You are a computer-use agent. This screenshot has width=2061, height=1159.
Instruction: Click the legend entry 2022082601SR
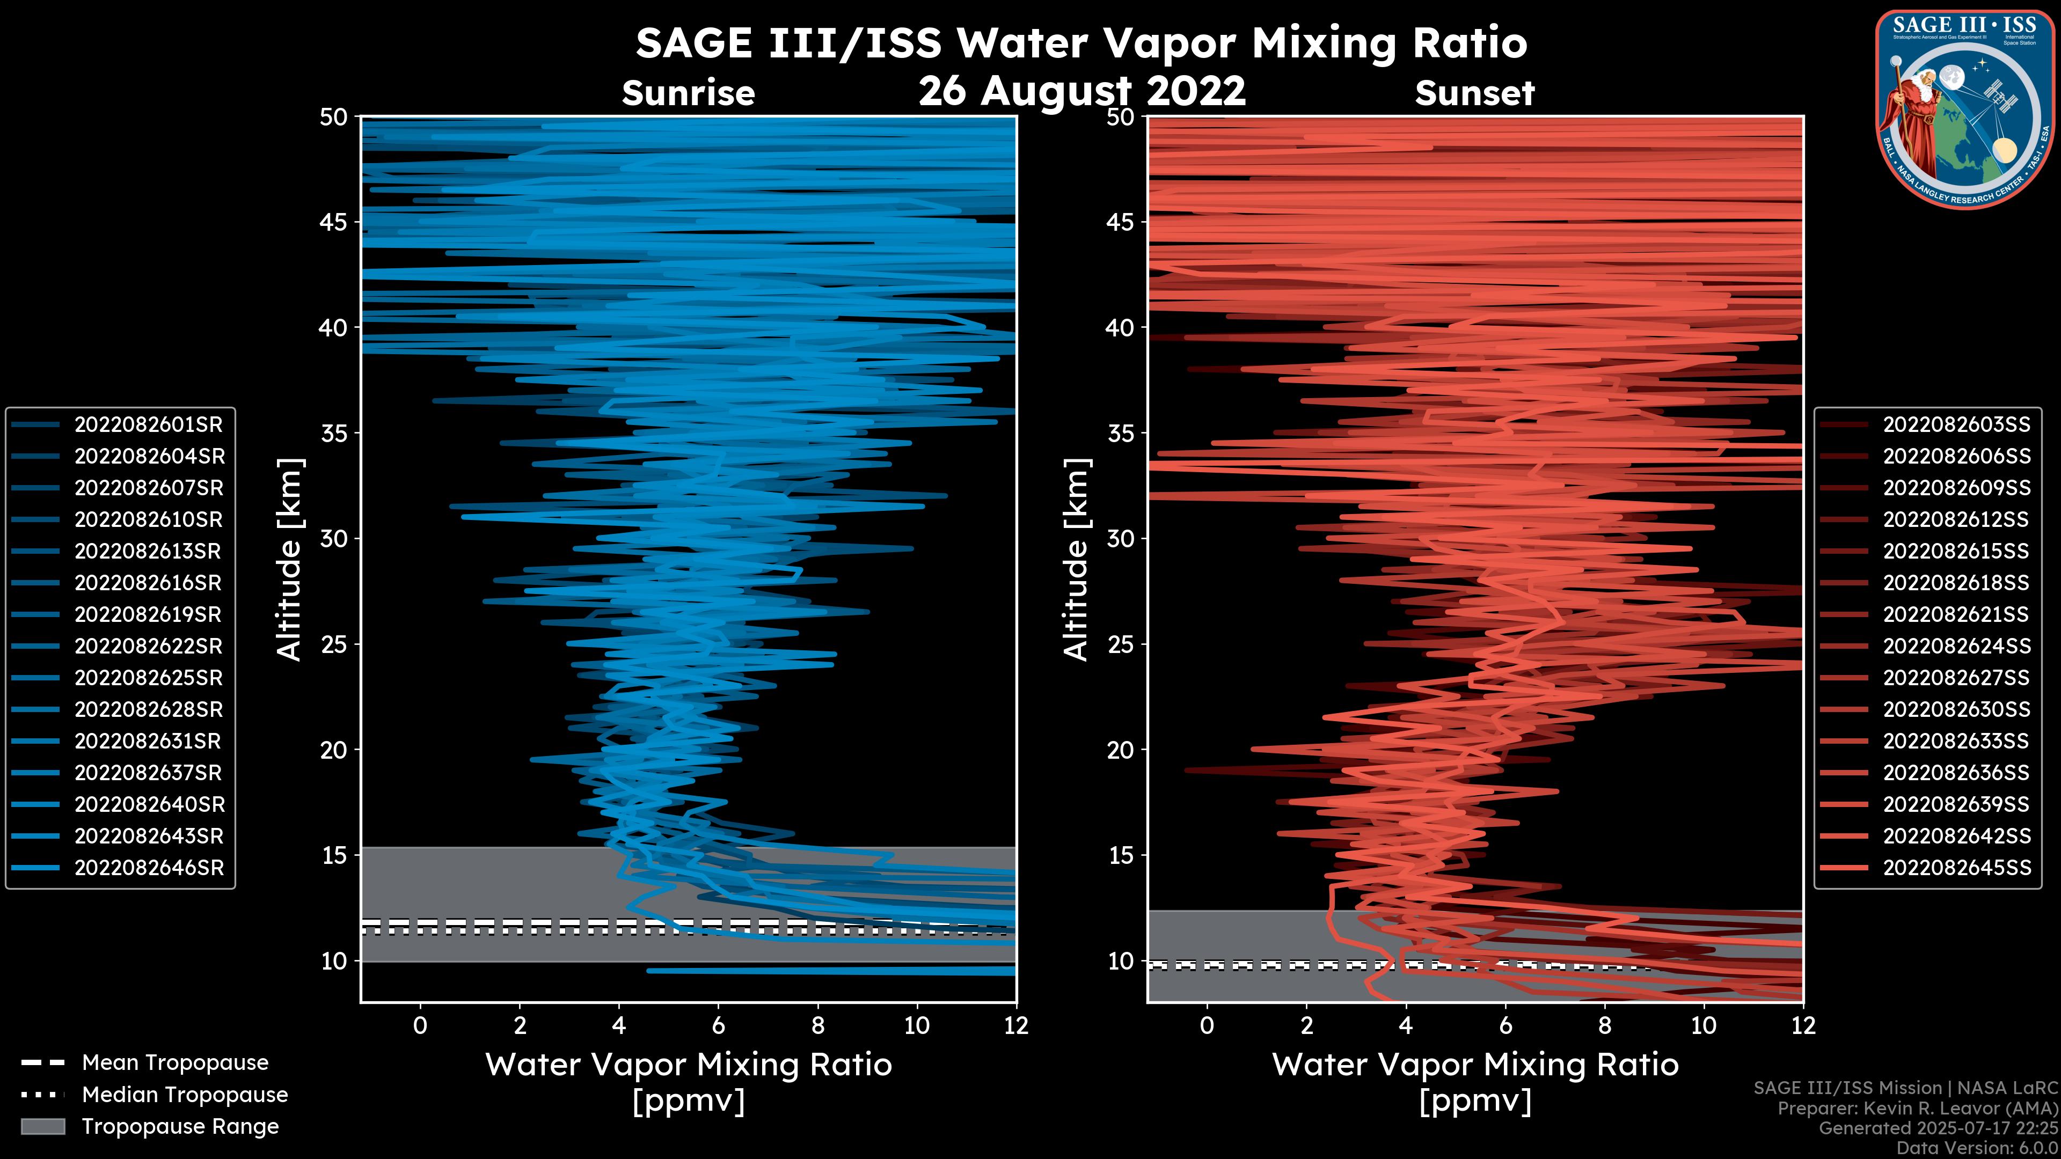pyautogui.click(x=148, y=425)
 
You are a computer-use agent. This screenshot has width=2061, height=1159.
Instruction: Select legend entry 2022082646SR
pyautogui.click(x=149, y=868)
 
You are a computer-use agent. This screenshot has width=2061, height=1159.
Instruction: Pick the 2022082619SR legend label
pyautogui.click(x=148, y=614)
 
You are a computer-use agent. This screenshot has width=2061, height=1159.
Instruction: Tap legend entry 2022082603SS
pyautogui.click(x=1956, y=425)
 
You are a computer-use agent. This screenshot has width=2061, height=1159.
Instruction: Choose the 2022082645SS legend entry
pyautogui.click(x=1956, y=868)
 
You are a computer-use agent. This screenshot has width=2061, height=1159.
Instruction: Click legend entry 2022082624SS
pyautogui.click(x=1956, y=646)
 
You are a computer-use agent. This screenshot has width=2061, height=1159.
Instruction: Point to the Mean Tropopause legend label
pyautogui.click(x=175, y=1063)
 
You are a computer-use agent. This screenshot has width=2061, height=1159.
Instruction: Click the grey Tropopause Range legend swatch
pyautogui.click(x=42, y=1126)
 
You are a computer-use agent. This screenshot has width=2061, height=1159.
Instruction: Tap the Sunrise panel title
pyautogui.click(x=688, y=93)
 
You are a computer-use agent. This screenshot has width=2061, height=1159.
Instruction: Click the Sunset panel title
pyautogui.click(x=1474, y=93)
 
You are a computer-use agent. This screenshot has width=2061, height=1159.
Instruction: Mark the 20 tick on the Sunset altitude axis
pyautogui.click(x=1120, y=750)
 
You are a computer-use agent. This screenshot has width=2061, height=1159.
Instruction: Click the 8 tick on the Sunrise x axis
pyautogui.click(x=817, y=1025)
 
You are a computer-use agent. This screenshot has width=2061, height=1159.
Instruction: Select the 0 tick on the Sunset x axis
pyautogui.click(x=1207, y=1025)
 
